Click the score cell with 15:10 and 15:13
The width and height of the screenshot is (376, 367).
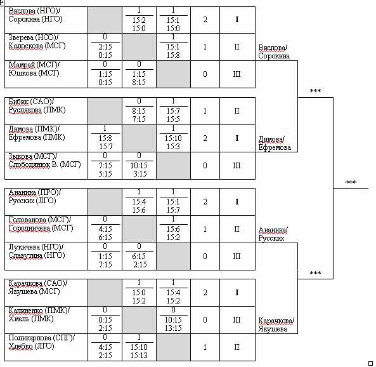pos(139,347)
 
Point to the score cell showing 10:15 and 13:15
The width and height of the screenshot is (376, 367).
pos(173,320)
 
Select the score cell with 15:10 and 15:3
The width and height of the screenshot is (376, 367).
pos(173,138)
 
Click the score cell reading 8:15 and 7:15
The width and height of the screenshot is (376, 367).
pos(139,111)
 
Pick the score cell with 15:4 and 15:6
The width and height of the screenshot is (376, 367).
pos(139,202)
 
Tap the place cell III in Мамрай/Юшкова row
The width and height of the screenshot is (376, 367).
pos(237,74)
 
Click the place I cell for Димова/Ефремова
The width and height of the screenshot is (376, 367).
pos(237,138)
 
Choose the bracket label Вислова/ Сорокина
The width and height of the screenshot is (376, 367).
pos(274,52)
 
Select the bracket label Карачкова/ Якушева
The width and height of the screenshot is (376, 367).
pos(276,324)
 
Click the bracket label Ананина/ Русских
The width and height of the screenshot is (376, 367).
pos(273,234)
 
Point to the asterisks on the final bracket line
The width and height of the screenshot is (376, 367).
pos(351,182)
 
